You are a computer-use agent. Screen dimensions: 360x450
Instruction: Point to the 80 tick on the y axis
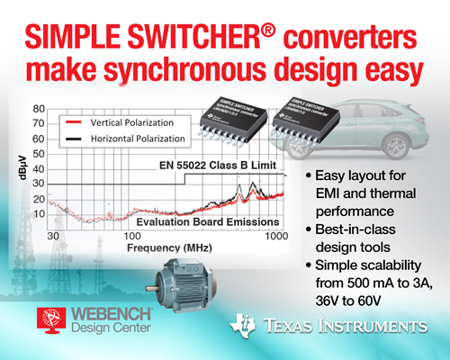38,109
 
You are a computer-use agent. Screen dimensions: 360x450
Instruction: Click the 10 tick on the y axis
38,213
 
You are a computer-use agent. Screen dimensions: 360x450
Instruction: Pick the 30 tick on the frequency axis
52,236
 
